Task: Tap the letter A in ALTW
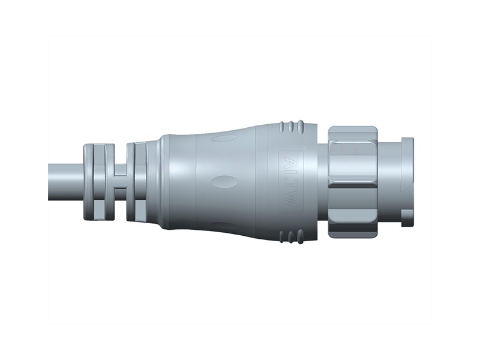point(292,163)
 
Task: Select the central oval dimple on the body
point(225,182)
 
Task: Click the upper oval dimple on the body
point(225,139)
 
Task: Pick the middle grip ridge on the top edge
point(291,127)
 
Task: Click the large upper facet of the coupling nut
point(353,159)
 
